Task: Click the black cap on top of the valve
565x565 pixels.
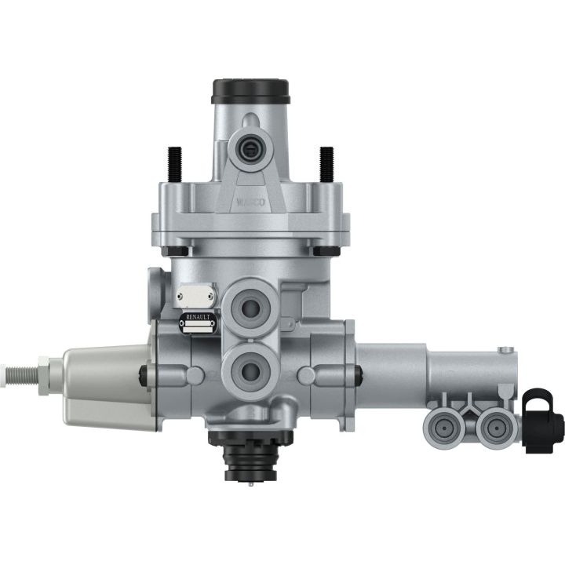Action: pyautogui.click(x=251, y=90)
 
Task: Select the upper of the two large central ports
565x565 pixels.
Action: pyautogui.click(x=252, y=304)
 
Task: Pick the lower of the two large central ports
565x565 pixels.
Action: pyautogui.click(x=251, y=366)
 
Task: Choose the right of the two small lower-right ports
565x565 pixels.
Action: pyautogui.click(x=494, y=427)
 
